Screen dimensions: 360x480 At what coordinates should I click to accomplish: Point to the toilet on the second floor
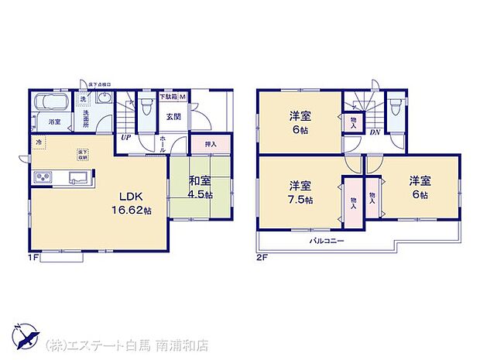click(396, 105)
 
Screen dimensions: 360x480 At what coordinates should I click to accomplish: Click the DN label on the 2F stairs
click(374, 132)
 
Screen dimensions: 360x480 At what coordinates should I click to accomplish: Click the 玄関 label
click(173, 116)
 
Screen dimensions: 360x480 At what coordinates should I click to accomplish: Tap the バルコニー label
click(327, 241)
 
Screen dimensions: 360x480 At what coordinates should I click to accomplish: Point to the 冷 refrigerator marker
click(38, 143)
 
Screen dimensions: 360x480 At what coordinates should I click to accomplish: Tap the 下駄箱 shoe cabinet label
click(166, 96)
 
